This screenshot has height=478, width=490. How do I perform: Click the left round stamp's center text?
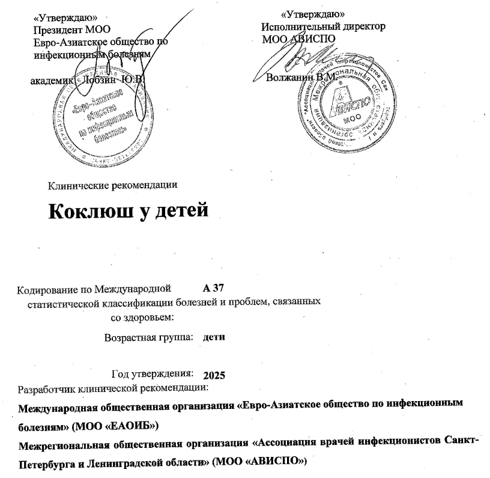coord(99,115)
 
